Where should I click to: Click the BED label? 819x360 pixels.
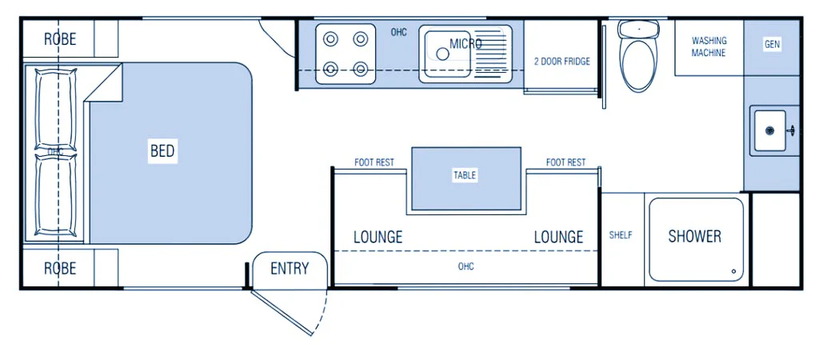(162, 150)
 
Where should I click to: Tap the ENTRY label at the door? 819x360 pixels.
(289, 268)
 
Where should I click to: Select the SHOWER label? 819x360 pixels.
(694, 236)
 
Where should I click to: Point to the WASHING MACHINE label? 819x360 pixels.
(709, 46)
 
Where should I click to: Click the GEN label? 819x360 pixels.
(772, 45)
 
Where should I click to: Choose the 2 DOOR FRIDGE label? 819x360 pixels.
(562, 61)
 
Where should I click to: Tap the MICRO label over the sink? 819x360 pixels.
(465, 43)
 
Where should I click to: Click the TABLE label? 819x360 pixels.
(465, 175)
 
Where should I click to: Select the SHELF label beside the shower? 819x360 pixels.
(621, 235)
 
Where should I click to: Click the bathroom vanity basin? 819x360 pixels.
(771, 130)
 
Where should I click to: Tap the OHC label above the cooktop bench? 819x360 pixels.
(398, 32)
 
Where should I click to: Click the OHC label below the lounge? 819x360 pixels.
(465, 266)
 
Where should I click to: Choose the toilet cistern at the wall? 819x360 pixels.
(639, 29)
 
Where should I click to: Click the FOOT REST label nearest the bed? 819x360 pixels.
(374, 162)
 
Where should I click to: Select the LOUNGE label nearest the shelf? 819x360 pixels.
(558, 237)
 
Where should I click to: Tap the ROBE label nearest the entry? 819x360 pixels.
(60, 268)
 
